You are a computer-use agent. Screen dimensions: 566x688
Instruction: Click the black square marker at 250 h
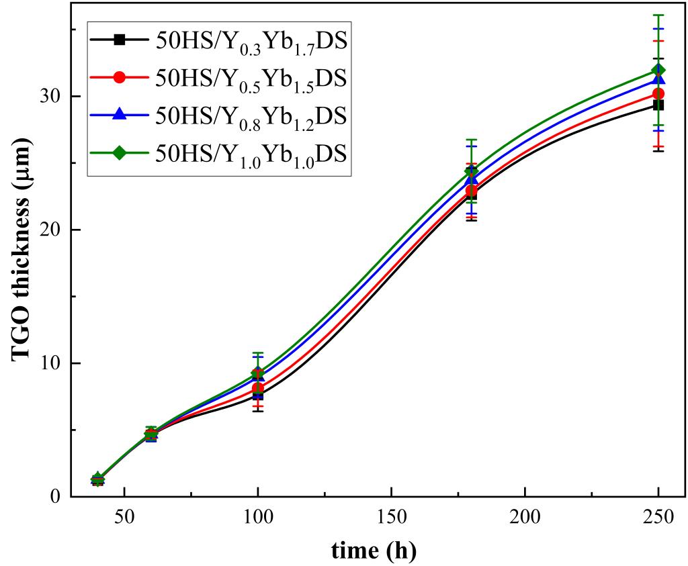click(x=658, y=105)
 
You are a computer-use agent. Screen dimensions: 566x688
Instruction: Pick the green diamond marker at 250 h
click(x=658, y=70)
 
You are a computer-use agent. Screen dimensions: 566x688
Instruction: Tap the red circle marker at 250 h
click(x=658, y=93)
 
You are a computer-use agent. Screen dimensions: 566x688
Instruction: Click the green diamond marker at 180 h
click(x=472, y=171)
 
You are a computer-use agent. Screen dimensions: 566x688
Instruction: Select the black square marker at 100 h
click(x=258, y=395)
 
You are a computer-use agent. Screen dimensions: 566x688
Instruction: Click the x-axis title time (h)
click(x=374, y=550)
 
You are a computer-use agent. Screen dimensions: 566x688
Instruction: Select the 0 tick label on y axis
click(x=56, y=496)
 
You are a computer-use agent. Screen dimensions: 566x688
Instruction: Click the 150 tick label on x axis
click(x=391, y=519)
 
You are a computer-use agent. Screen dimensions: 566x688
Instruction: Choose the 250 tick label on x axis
click(x=658, y=519)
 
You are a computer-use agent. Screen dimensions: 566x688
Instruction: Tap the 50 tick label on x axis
click(x=124, y=519)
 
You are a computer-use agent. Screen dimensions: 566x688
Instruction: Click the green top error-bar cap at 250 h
click(x=658, y=15)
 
